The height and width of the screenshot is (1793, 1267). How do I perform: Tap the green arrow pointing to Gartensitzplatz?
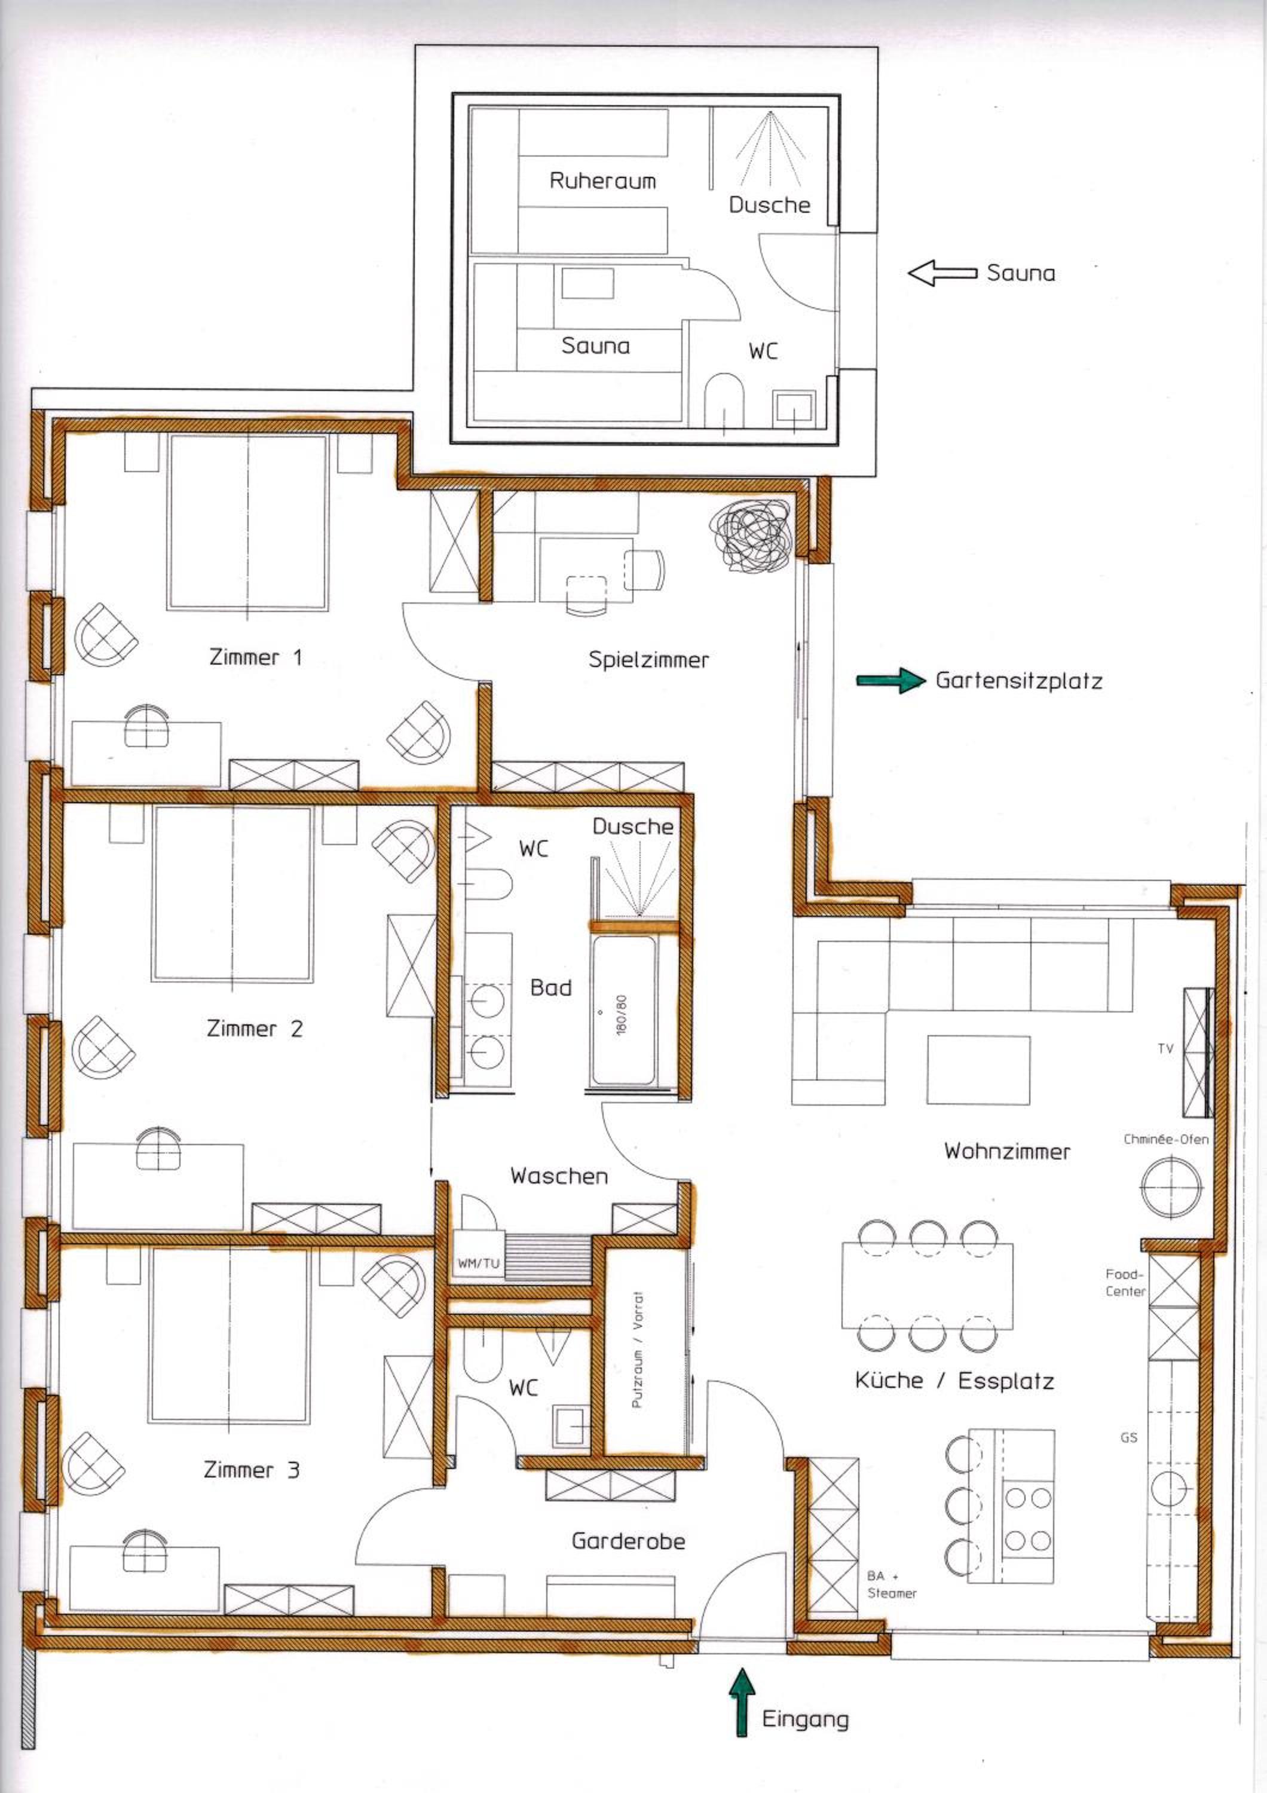pyautogui.click(x=890, y=680)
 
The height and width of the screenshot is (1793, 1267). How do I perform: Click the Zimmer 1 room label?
pyautogui.click(x=255, y=657)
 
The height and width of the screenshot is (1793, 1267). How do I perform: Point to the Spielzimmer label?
pyautogui.click(x=648, y=660)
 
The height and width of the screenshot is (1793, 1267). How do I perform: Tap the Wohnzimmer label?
pyautogui.click(x=1007, y=1151)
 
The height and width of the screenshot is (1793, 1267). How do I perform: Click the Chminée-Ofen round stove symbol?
pyautogui.click(x=1171, y=1187)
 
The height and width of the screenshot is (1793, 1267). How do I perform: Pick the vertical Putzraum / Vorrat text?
pyautogui.click(x=637, y=1350)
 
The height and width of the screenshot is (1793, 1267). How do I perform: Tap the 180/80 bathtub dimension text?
pyautogui.click(x=622, y=1014)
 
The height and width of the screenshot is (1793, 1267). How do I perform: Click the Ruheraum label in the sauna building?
pyautogui.click(x=602, y=181)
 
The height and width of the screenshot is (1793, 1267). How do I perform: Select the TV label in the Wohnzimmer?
pyautogui.click(x=1165, y=1049)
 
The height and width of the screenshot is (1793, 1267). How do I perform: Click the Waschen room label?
pyautogui.click(x=559, y=1176)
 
